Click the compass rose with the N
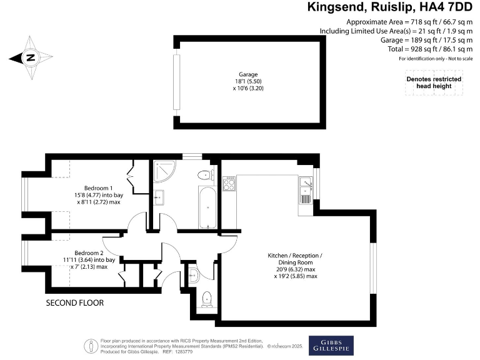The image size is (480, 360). coord(30,58)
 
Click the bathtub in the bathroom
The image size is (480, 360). coord(207,207)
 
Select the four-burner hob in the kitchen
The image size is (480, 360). coord(229,183)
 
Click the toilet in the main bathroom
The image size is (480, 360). coord(204,174)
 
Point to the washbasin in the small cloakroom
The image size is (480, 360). coord(192,272)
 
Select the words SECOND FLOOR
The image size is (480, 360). coord(74,303)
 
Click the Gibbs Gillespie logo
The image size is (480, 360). coord(327,345)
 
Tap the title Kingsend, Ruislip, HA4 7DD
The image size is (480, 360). coord(391,7)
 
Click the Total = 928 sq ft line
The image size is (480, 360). coord(433,49)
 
